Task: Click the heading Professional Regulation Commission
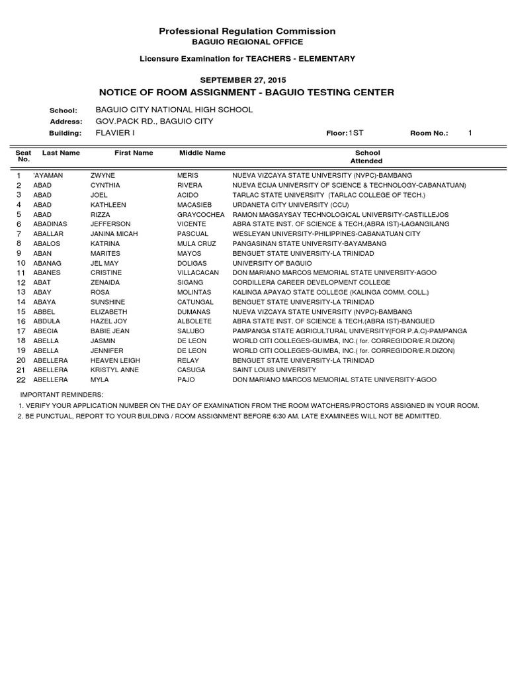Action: pos(247,31)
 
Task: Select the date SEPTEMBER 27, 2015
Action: pos(247,80)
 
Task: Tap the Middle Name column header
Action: pos(202,153)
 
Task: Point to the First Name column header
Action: pos(134,153)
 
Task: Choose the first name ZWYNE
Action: pos(103,176)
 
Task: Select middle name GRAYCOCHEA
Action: pos(201,215)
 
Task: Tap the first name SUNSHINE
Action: pos(108,302)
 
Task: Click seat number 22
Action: pos(21,379)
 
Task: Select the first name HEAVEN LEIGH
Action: pos(115,360)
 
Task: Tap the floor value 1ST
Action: pos(357,133)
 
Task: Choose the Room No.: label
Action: pos(429,133)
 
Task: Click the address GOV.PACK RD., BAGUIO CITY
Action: pos(155,122)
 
